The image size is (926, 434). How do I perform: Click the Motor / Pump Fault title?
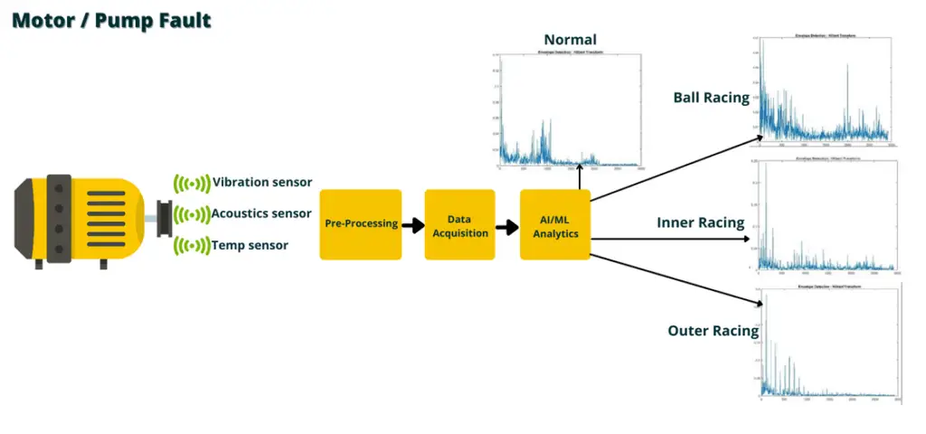[111, 20]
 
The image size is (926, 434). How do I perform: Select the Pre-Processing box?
[360, 224]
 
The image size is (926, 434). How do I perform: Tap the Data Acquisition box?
[459, 224]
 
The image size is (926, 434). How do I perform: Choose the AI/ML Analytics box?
[554, 224]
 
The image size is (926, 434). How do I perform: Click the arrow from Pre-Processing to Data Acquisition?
[413, 225]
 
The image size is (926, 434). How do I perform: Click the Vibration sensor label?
[261, 183]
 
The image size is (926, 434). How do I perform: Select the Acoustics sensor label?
[261, 214]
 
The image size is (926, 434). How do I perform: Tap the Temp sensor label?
[250, 245]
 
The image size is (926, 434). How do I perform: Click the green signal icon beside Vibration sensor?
[191, 184]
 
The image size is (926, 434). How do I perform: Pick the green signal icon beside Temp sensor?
[191, 246]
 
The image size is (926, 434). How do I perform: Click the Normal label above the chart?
[570, 40]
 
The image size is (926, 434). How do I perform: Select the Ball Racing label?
[711, 98]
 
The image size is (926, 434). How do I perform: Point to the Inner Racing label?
[700, 222]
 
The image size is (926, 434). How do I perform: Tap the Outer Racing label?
[713, 331]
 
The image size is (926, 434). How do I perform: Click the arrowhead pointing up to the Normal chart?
[579, 171]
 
